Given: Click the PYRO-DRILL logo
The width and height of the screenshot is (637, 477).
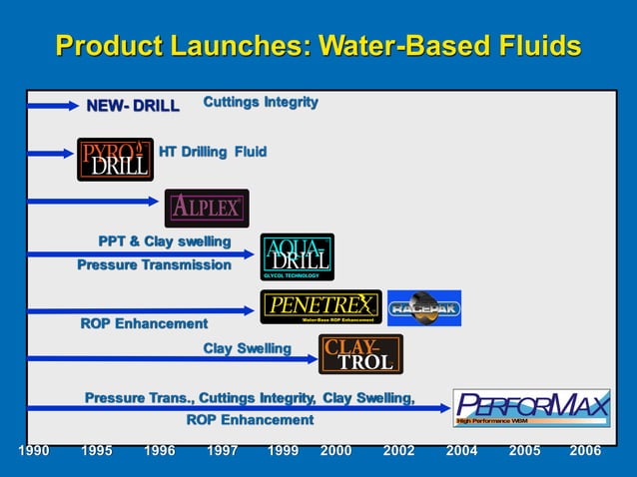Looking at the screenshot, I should (x=115, y=159).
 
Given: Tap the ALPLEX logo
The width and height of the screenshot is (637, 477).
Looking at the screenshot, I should (x=207, y=208).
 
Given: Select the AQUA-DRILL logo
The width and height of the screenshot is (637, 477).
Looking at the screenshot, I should (x=297, y=256).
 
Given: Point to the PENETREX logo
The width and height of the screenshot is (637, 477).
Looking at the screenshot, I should (x=320, y=306).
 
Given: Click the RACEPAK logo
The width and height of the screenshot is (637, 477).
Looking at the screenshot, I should (x=423, y=307).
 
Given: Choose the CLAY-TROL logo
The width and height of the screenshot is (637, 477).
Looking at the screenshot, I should (x=360, y=354).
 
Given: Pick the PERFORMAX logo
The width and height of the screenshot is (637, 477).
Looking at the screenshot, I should (x=531, y=407).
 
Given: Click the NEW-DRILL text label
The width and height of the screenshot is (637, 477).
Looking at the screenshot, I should (x=133, y=106).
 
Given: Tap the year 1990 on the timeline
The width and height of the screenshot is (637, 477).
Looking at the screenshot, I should (x=33, y=451).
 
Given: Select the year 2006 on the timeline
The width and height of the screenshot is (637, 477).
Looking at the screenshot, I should (x=585, y=451).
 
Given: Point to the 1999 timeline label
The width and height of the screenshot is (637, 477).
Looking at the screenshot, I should (x=283, y=451).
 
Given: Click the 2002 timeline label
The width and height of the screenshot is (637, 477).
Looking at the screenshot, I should (x=398, y=451).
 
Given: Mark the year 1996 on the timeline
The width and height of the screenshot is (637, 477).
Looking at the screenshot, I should (x=159, y=451).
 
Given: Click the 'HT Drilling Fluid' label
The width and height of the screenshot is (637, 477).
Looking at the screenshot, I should (x=213, y=152).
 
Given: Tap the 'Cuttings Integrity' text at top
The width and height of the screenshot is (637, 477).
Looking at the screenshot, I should (x=261, y=102).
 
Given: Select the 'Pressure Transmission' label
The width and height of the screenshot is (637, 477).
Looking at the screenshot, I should (x=154, y=264).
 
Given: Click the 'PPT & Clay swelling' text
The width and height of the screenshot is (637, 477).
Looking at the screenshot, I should (x=164, y=241).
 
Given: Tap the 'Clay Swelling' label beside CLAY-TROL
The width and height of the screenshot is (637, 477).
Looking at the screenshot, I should (x=247, y=348).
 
